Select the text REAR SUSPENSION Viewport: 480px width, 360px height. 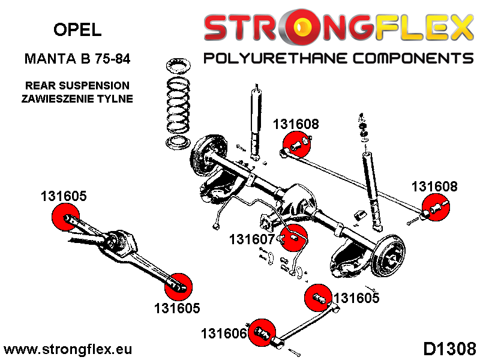point(77,86)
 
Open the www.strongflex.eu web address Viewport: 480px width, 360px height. point(68,349)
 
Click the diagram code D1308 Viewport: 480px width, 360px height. point(450,349)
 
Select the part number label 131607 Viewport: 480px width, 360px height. point(251,239)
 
